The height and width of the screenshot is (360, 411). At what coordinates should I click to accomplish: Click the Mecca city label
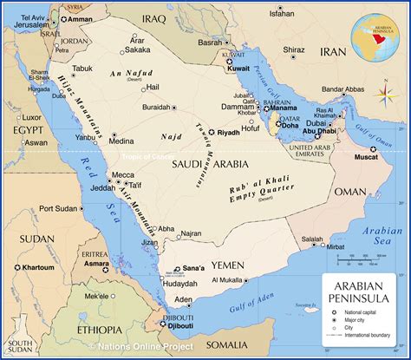coord(123,174)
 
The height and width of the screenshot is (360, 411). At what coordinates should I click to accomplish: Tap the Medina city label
coord(121,141)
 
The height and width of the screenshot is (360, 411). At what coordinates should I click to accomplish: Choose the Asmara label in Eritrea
coord(96,262)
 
